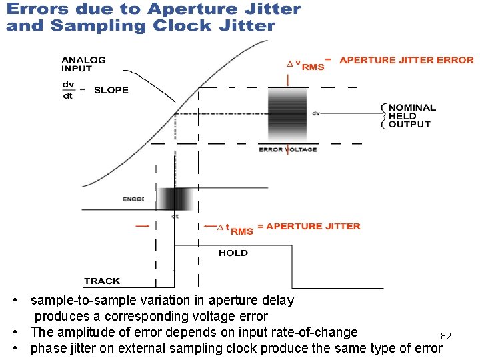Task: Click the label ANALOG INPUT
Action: [x=83, y=64]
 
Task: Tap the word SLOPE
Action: [x=111, y=90]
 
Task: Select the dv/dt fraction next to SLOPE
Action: [x=68, y=90]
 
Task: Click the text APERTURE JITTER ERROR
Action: [x=407, y=60]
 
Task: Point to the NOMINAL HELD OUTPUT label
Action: [x=412, y=115]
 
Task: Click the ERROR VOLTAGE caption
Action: [x=288, y=149]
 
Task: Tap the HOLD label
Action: [x=233, y=253]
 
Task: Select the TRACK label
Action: [x=102, y=281]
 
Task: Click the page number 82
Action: [x=446, y=336]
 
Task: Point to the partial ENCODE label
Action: [x=133, y=199]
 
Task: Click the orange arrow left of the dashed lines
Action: [x=142, y=226]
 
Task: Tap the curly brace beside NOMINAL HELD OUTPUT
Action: [x=383, y=115]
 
